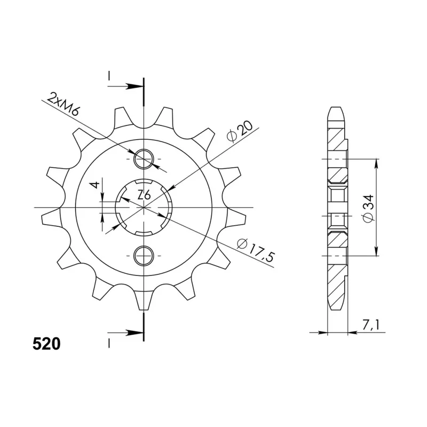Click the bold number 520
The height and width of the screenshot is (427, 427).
pyautogui.click(x=46, y=344)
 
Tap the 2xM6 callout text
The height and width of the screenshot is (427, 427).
pyautogui.click(x=63, y=104)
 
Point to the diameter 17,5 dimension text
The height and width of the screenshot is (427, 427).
pyautogui.click(x=255, y=250)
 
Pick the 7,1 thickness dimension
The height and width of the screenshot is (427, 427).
pyautogui.click(x=370, y=325)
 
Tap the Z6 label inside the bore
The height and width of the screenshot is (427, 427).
pyautogui.click(x=144, y=195)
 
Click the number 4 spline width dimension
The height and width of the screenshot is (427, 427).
pyautogui.click(x=96, y=185)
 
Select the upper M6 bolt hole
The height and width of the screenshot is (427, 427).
pyautogui.click(x=144, y=159)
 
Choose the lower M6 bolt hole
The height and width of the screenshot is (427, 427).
pyautogui.click(x=144, y=256)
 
